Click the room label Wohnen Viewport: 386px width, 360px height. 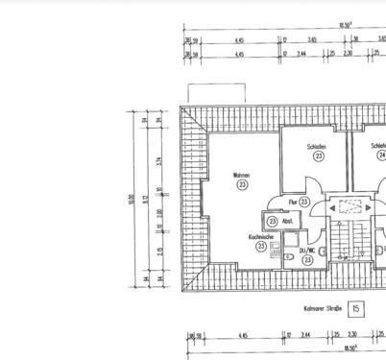pyautogui.click(x=240, y=176)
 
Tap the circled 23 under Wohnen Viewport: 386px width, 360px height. pyautogui.click(x=241, y=185)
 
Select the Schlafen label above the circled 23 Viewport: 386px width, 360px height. pyautogui.click(x=317, y=147)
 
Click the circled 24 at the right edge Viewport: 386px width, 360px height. pyautogui.click(x=381, y=156)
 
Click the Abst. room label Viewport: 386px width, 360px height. pyautogui.click(x=287, y=221)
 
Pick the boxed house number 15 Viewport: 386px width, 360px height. pyautogui.click(x=356, y=308)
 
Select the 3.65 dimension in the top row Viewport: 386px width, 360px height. pyautogui.click(x=313, y=40)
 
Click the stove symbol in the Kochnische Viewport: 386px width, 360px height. pyautogui.click(x=276, y=255)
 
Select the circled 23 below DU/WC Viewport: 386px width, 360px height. pyautogui.click(x=307, y=259)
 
